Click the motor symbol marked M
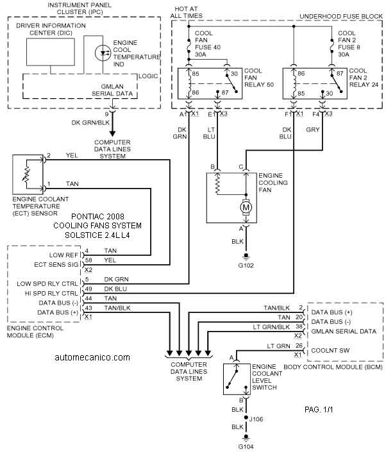click(246, 207)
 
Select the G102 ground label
click(246, 266)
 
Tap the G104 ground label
click(246, 446)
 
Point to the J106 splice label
click(256, 419)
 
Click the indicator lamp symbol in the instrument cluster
click(103, 53)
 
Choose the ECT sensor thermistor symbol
click(26, 174)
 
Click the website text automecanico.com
click(92, 357)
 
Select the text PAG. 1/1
click(319, 409)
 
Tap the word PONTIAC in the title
click(85, 216)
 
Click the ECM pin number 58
click(88, 260)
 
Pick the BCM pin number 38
click(299, 326)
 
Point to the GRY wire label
click(313, 130)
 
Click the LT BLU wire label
click(210, 133)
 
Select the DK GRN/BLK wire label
click(90, 122)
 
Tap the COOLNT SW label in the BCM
click(330, 350)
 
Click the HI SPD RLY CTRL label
click(51, 294)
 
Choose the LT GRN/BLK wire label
click(271, 327)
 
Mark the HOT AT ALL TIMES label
click(187, 12)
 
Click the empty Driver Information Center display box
click(51, 52)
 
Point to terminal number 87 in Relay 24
click(340, 73)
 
